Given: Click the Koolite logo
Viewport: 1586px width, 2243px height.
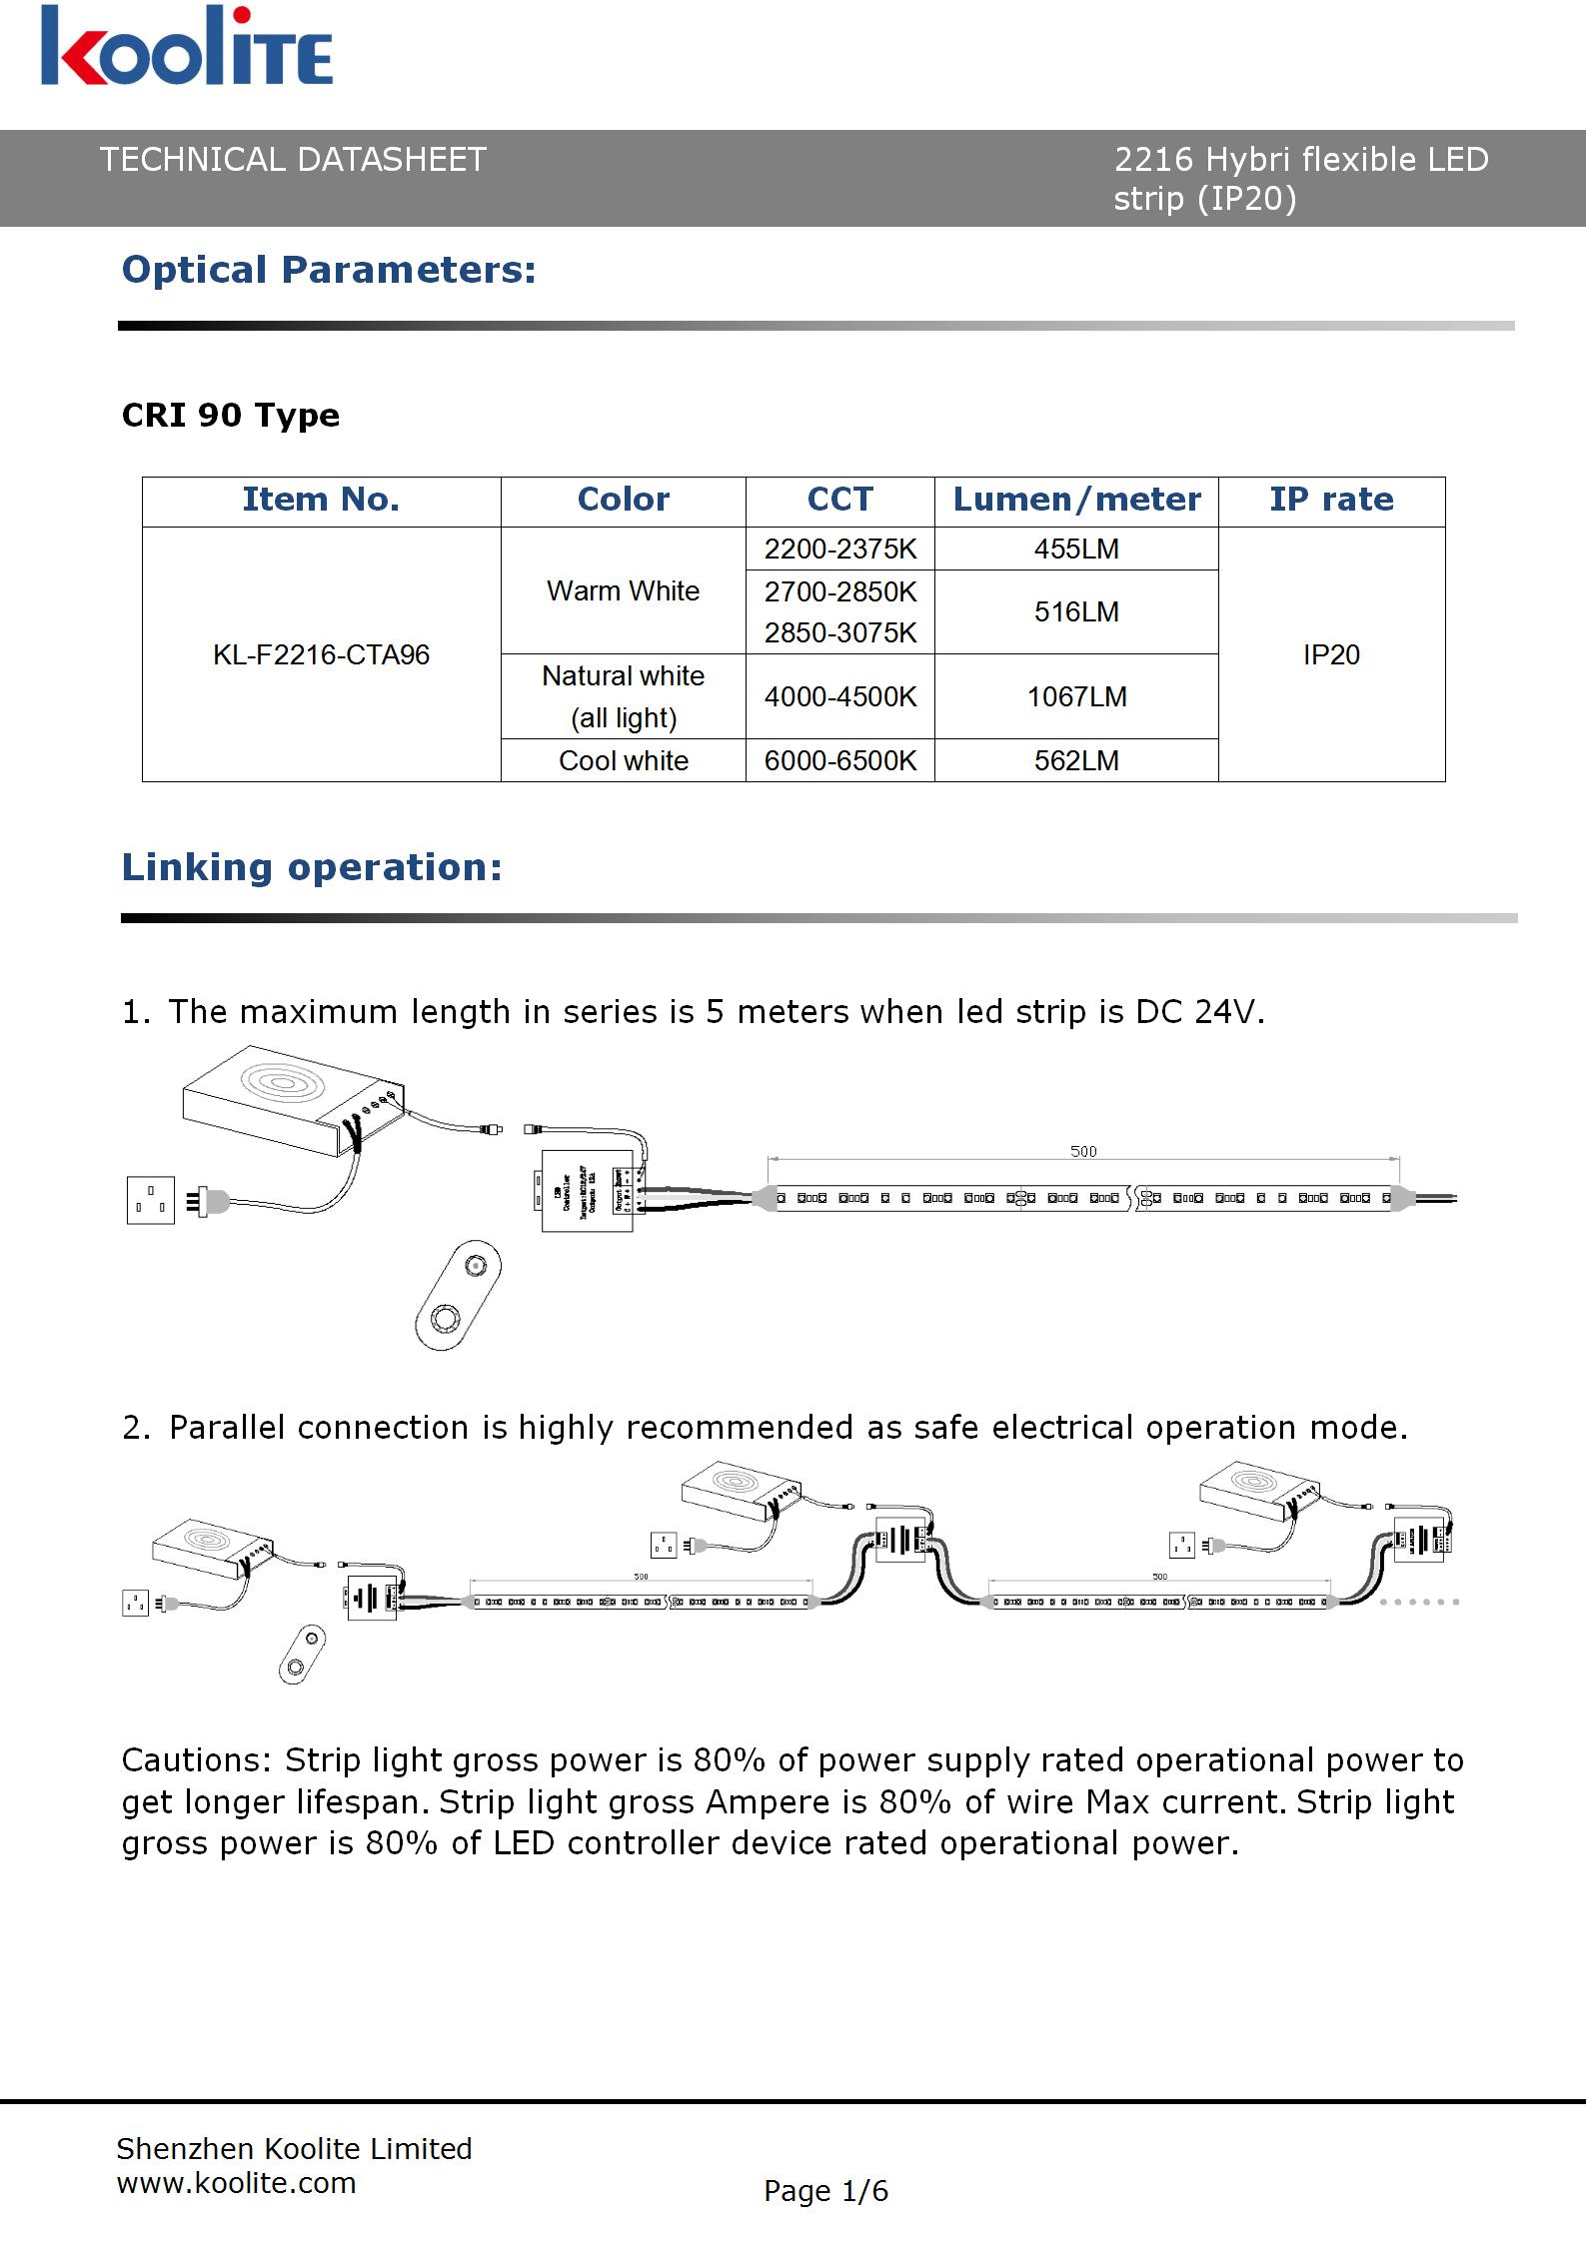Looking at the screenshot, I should tap(187, 47).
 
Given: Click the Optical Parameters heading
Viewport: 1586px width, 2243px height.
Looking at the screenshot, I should tap(329, 270).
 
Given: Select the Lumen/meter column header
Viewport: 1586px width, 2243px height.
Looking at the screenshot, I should tap(1076, 500).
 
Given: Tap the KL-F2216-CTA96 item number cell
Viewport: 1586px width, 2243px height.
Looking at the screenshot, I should tap(321, 654).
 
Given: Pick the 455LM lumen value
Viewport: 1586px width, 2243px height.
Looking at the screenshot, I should tap(1076, 549).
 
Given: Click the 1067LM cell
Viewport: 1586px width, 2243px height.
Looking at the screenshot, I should tap(1076, 696).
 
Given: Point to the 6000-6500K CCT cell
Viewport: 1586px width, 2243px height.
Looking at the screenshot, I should tap(839, 760).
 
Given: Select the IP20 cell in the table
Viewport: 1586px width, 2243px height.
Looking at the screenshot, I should tap(1331, 654).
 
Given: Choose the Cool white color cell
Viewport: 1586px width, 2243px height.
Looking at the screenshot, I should tap(623, 760).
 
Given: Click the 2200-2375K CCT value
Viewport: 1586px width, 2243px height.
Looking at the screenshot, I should tap(839, 549).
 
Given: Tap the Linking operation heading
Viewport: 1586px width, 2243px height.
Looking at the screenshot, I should tap(311, 867).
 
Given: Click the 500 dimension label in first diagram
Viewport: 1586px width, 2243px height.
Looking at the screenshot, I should tap(1083, 1151).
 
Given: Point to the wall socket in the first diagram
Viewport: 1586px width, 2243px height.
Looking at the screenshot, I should tap(151, 1199).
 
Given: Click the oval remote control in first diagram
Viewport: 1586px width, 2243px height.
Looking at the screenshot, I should tap(458, 1294).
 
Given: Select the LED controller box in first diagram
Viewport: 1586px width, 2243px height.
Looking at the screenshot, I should tap(588, 1191).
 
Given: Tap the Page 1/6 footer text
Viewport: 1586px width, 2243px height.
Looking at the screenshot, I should tap(825, 2191).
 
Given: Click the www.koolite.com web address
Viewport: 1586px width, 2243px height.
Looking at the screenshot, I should tap(236, 2183).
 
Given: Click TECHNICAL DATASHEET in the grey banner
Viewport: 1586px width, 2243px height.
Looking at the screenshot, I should tap(293, 160).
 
